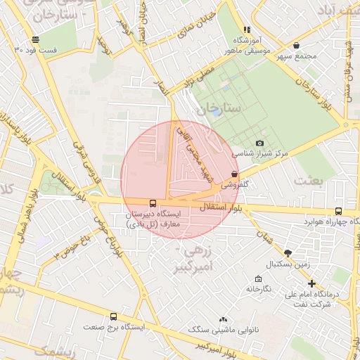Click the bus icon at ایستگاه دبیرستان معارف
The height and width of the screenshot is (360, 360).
pyautogui.click(x=153, y=202)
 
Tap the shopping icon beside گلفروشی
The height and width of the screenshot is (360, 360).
pyautogui.click(x=234, y=174)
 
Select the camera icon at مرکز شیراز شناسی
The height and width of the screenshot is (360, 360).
pyautogui.click(x=260, y=143)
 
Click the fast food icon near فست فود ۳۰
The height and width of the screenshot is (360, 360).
pyautogui.click(x=35, y=40)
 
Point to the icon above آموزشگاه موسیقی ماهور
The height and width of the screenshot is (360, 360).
pyautogui.click(x=246, y=30)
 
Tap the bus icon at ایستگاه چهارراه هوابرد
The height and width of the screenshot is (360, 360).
pyautogui.click(x=339, y=211)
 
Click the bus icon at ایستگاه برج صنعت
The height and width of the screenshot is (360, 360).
pyautogui.click(x=113, y=317)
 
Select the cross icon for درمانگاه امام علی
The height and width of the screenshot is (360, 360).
pyautogui.click(x=311, y=283)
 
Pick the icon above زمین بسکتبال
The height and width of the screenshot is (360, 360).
pyautogui.click(x=287, y=252)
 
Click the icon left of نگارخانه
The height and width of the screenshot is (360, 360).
pyautogui.click(x=239, y=279)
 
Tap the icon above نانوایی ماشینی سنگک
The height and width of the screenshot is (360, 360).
pyautogui.click(x=224, y=319)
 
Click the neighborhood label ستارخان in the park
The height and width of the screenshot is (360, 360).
pyautogui.click(x=219, y=108)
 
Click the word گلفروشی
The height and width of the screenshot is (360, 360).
pyautogui.click(x=236, y=186)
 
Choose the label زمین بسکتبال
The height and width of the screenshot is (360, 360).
pyautogui.click(x=286, y=264)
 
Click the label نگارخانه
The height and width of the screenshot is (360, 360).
pyautogui.click(x=257, y=289)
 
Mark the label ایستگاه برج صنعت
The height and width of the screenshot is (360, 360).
pyautogui.click(x=114, y=327)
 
